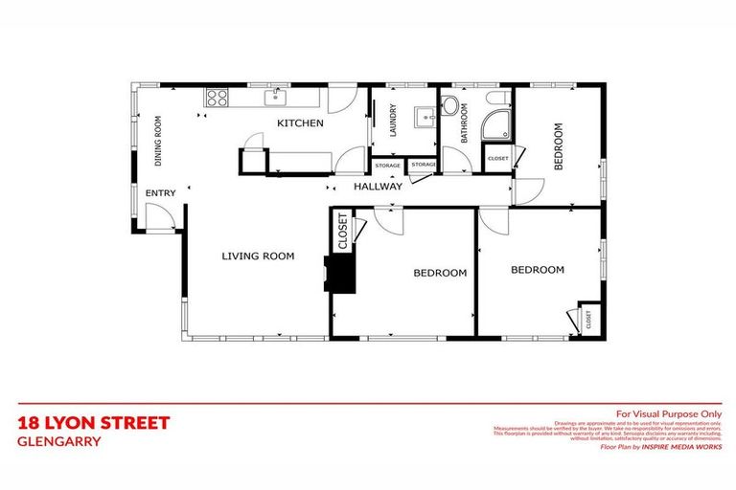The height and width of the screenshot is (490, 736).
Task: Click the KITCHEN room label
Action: tap(300, 123)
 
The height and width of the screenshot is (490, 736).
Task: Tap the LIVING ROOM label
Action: tap(258, 256)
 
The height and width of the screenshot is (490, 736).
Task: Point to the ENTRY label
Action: tap(160, 193)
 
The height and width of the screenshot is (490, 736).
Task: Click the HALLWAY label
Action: tap(378, 187)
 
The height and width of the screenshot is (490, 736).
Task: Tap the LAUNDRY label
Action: tap(393, 122)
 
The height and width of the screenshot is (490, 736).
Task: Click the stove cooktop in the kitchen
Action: tap(217, 97)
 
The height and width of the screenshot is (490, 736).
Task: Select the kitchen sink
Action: tap(278, 96)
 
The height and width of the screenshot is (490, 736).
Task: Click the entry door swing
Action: tap(161, 219)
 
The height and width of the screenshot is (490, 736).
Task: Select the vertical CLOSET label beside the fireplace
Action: tap(342, 230)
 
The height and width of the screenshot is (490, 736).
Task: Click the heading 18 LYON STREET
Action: tap(94, 422)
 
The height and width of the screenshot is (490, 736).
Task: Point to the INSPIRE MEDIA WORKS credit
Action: tap(682, 447)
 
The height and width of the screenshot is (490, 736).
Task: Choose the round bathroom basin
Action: tap(450, 104)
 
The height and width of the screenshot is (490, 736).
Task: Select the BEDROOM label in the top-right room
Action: tap(560, 146)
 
